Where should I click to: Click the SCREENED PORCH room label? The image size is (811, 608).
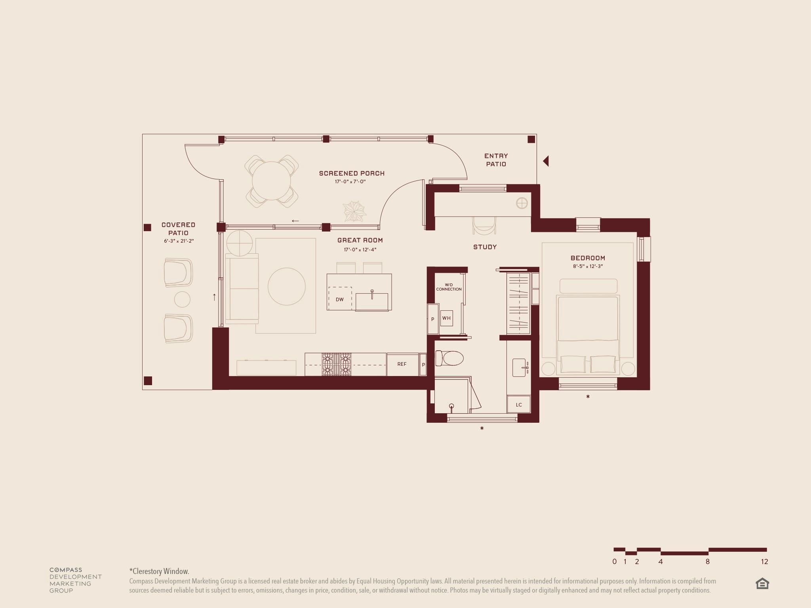point(352,173)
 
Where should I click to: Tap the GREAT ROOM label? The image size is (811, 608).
point(360,240)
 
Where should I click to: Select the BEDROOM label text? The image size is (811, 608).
point(588,258)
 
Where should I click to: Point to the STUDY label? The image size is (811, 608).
point(485,247)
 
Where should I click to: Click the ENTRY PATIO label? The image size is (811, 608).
point(496,160)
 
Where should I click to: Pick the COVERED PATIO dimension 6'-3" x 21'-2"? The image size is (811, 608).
point(179,241)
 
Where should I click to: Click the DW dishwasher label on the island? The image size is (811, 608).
point(340,300)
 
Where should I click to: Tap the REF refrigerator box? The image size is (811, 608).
point(402,364)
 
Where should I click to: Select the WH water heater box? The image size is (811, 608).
point(446,318)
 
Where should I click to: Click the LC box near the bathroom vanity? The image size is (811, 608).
point(519,405)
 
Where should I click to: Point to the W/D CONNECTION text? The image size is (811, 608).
point(449,287)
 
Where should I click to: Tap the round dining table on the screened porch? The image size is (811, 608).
point(271,181)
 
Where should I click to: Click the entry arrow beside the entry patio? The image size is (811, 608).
point(546,161)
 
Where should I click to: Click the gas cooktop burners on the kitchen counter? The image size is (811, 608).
point(336,364)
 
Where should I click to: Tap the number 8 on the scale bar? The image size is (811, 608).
point(707,562)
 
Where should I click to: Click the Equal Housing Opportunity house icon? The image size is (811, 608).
point(762,584)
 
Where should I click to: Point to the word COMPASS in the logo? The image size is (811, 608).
point(66,570)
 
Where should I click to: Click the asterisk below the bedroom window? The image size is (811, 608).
point(588,397)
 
